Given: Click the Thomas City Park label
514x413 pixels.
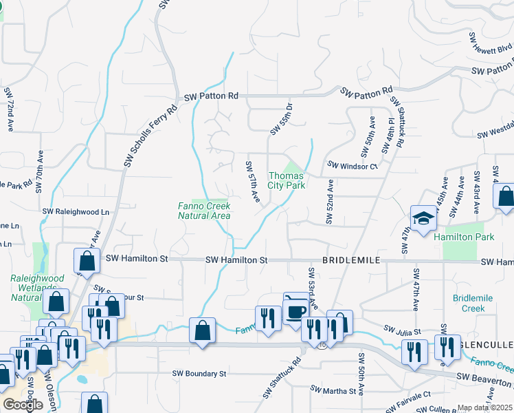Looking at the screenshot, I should point(286,180).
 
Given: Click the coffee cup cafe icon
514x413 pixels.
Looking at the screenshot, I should point(295,310).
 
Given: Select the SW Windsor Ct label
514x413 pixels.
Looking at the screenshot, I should point(353,166).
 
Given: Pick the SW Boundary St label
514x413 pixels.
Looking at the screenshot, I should point(199,374).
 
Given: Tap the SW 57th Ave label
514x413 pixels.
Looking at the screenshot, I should point(253,182).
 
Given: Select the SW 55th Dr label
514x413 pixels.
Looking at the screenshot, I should point(282,118).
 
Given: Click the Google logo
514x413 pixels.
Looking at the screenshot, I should point(23,405).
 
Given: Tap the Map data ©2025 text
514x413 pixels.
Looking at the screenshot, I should point(484,407).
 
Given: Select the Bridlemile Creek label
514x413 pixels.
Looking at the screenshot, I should point(469,303).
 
